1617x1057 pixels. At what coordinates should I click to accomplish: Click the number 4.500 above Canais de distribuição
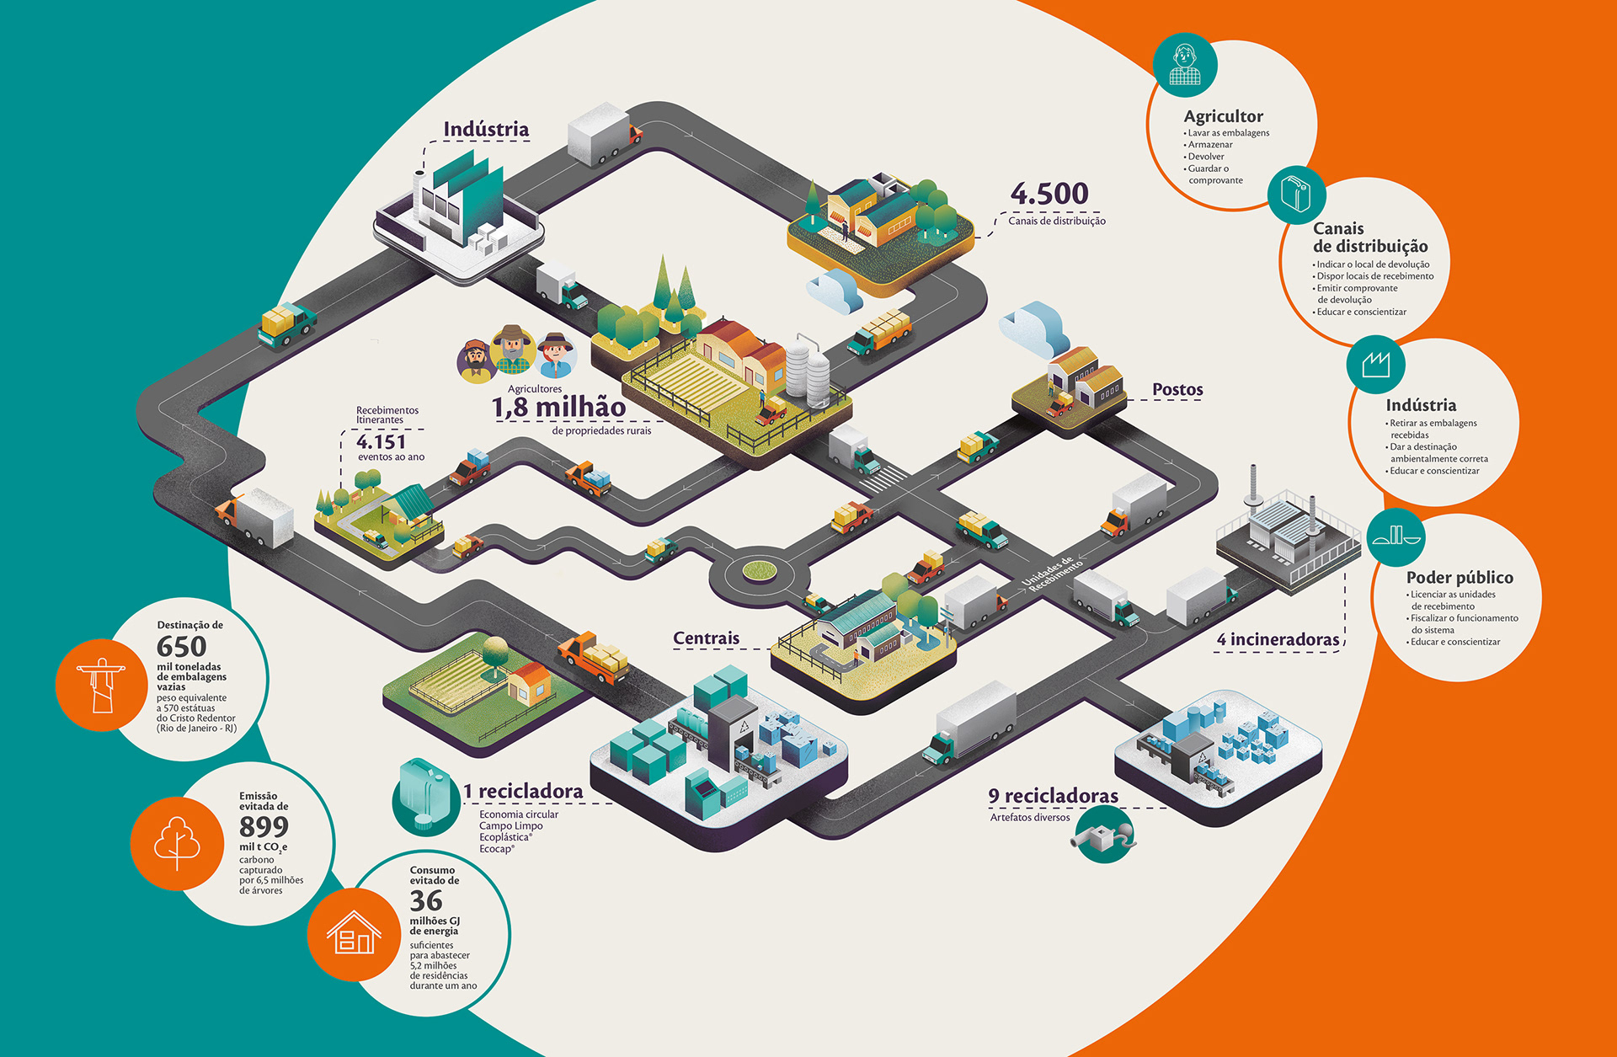pyautogui.click(x=1049, y=194)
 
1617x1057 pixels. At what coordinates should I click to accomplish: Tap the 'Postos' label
pyautogui.click(x=1177, y=389)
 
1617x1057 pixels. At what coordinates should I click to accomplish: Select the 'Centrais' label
pyautogui.click(x=706, y=638)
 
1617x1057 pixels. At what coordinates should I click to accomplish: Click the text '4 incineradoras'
pyautogui.click(x=1278, y=640)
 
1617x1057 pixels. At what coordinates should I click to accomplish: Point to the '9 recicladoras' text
pyautogui.click(x=1053, y=796)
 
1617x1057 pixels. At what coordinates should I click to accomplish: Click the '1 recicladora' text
pyautogui.click(x=523, y=792)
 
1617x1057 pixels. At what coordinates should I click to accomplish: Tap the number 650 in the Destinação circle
pyautogui.click(x=181, y=647)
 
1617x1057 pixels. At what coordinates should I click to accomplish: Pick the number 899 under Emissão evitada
pyautogui.click(x=264, y=826)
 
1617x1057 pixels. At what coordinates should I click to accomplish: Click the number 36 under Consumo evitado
pyautogui.click(x=426, y=901)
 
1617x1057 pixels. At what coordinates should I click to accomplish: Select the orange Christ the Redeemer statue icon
pyautogui.click(x=101, y=685)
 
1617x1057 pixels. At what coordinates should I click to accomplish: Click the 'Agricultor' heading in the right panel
pyautogui.click(x=1223, y=116)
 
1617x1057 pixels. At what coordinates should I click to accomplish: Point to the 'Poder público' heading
pyautogui.click(x=1460, y=578)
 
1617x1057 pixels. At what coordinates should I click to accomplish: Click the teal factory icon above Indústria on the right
pyautogui.click(x=1375, y=365)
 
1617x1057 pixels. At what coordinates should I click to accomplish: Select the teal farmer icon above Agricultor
pyautogui.click(x=1185, y=64)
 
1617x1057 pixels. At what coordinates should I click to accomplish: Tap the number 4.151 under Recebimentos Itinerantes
pyautogui.click(x=381, y=441)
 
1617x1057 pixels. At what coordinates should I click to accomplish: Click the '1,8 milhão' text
pyautogui.click(x=558, y=408)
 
